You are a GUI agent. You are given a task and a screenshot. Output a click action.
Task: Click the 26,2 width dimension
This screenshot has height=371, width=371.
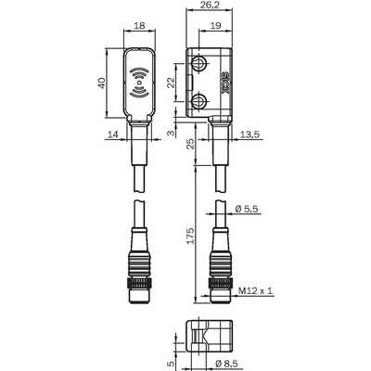209,5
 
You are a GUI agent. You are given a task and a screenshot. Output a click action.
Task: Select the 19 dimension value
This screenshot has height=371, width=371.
215,25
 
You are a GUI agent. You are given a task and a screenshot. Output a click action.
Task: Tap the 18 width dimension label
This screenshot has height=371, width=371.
140,25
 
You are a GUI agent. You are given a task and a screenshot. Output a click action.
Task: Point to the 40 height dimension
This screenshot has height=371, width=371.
102,83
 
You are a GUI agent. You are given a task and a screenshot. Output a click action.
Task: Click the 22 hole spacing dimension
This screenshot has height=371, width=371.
171,83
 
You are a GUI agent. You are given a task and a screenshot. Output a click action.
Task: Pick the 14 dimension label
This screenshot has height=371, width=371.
113,134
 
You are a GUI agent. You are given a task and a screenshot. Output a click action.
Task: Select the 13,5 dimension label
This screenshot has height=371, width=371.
249,134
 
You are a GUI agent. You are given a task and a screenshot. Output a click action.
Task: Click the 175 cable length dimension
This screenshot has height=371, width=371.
191,236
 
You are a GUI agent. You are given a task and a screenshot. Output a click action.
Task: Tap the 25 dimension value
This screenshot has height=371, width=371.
191,144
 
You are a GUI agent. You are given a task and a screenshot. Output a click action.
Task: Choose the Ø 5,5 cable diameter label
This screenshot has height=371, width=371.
247,209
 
